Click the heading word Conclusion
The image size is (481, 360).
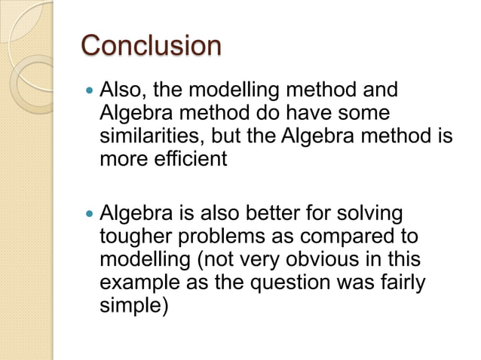151,45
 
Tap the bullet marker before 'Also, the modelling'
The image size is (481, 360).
90,93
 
